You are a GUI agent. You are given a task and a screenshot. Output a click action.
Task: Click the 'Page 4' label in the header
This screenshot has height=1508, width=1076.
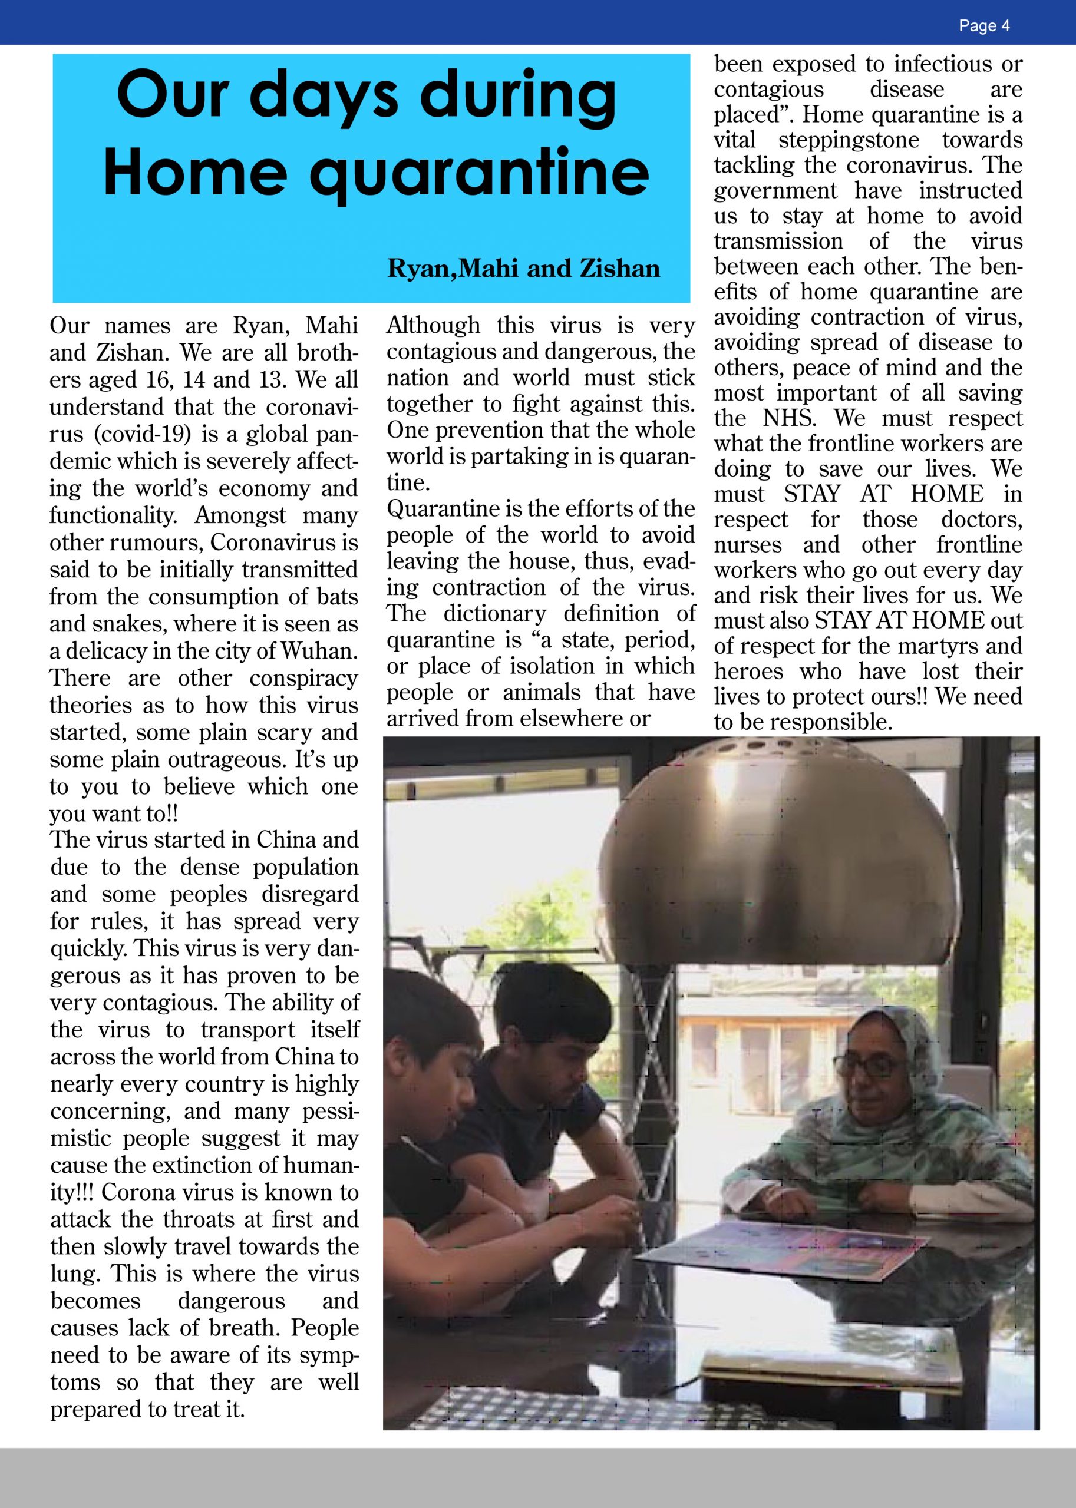(x=984, y=26)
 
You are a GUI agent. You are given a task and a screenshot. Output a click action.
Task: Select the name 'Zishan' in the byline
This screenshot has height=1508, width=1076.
(x=619, y=268)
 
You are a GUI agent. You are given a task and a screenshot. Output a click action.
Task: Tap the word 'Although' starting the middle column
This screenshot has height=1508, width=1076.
(x=433, y=325)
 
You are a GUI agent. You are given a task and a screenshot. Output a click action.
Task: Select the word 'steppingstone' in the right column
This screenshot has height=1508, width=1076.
(x=849, y=140)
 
